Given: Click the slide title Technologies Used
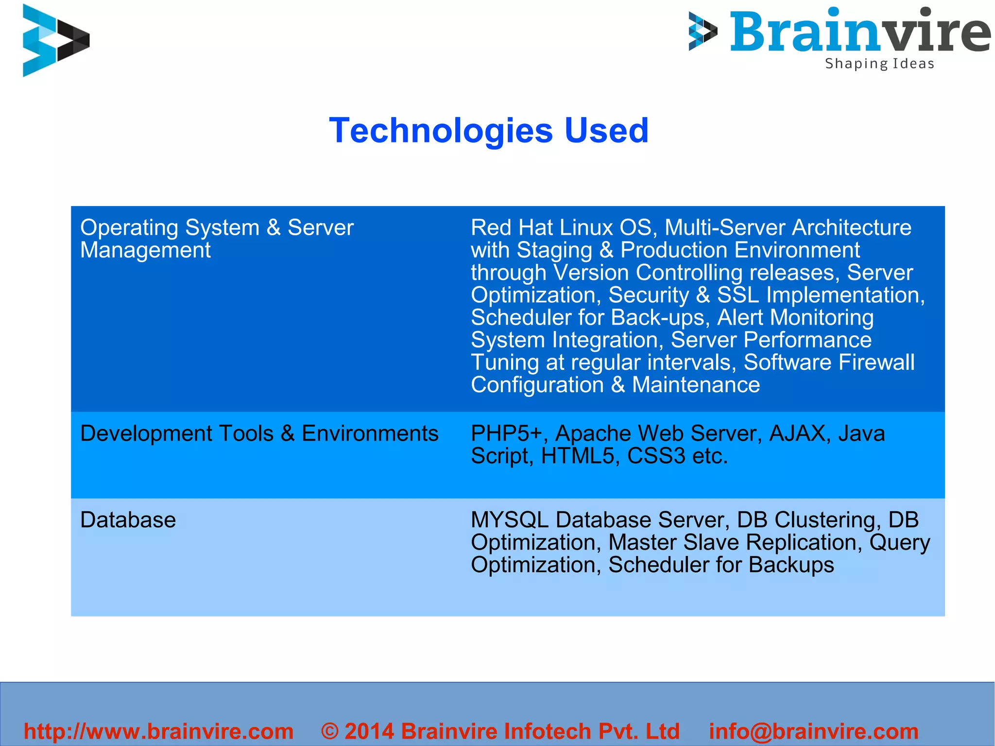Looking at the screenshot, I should point(489,130).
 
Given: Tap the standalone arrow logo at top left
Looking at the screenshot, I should point(55,40).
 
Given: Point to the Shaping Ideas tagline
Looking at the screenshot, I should point(879,64).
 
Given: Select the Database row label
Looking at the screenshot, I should point(128,520).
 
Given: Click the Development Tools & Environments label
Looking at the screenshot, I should point(259,434).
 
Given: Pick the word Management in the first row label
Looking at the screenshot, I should point(145,250).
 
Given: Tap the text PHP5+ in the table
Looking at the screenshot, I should point(506,434).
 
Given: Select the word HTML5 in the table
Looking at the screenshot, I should point(577,456).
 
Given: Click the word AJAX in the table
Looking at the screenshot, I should point(797,434).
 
